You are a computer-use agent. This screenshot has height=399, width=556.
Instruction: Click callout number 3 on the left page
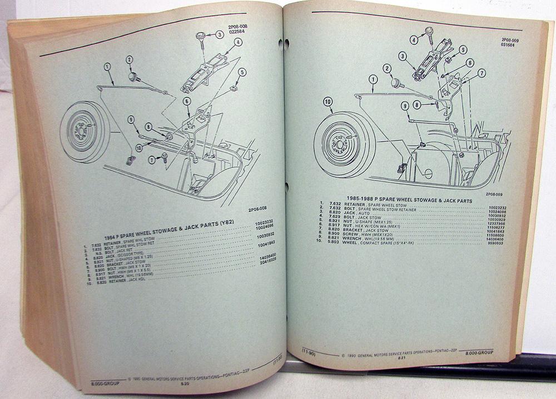pos(220,34)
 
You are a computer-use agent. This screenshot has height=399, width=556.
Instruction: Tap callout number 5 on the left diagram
pos(242,72)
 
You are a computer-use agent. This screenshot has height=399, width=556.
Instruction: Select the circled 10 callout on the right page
pos(328,101)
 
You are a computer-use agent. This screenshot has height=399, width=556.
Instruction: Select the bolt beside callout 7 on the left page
pos(164,158)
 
